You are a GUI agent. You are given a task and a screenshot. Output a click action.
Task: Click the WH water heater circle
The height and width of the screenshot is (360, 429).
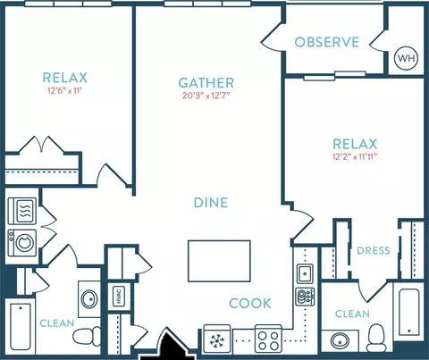click(406, 58)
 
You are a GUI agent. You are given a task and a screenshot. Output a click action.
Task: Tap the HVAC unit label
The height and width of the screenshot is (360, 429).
click(119, 296)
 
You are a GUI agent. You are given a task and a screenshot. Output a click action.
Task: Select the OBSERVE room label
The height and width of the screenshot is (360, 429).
click(326, 42)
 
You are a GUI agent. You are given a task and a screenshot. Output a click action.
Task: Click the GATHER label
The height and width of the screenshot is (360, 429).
click(206, 83)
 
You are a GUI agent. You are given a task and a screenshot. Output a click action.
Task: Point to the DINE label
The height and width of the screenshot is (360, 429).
click(211, 203)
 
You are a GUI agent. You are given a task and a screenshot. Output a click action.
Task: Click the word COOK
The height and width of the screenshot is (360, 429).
click(250, 304)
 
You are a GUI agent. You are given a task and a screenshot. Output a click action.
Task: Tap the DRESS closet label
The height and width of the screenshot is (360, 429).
click(374, 250)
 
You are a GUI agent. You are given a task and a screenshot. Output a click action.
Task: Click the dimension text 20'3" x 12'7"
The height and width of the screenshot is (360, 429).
click(206, 96)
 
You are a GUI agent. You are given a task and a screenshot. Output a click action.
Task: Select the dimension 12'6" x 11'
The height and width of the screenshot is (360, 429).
click(64, 90)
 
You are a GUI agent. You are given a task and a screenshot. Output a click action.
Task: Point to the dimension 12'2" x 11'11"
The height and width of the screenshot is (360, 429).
click(355, 156)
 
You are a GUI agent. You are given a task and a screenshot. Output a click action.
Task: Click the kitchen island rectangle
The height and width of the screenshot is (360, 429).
click(219, 261)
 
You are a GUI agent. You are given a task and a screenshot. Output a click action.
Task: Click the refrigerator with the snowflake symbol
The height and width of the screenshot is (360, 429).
click(217, 339)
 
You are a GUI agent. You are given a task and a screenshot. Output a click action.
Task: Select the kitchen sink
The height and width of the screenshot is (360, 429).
click(305, 272)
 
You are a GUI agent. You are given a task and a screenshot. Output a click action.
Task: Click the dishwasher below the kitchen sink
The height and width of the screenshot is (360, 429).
click(305, 297)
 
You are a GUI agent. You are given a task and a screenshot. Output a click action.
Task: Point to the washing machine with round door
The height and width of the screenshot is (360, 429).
click(22, 243)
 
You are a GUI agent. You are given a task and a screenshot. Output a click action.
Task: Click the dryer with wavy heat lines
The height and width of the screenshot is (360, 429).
click(22, 211)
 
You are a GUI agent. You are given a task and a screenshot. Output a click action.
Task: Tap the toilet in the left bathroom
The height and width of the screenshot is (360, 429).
click(88, 336)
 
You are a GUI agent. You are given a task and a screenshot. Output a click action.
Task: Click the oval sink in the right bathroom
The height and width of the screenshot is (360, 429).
click(340, 340)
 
